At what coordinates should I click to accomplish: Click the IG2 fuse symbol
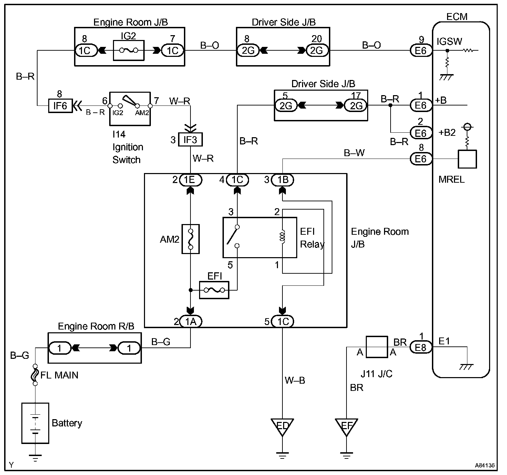[x=129, y=50]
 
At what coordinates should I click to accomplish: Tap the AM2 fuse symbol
[x=190, y=239]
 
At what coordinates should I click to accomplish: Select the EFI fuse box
[x=214, y=290]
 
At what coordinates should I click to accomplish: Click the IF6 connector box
[x=61, y=105]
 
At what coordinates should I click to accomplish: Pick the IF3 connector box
[x=190, y=140]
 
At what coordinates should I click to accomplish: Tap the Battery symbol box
[x=35, y=423]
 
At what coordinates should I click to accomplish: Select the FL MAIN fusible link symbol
[x=35, y=375]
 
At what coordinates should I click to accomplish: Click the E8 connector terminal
[x=421, y=347]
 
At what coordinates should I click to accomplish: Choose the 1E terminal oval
[x=191, y=180]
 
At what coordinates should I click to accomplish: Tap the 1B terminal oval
[x=282, y=180]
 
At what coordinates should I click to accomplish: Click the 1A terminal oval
[x=191, y=321]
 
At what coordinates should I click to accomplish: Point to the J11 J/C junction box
[x=377, y=347]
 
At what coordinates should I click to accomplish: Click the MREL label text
[x=451, y=179]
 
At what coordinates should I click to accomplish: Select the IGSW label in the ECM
[x=449, y=41]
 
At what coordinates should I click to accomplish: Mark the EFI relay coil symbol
[x=282, y=236]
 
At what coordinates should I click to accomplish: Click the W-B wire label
[x=295, y=380]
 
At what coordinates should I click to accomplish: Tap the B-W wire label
[x=354, y=153]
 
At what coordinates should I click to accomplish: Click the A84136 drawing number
[x=485, y=465]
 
